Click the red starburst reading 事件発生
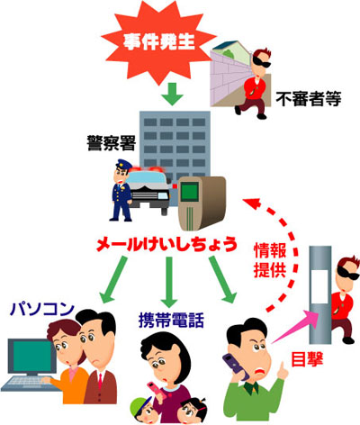[159, 42]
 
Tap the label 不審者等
[309, 98]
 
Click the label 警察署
[112, 143]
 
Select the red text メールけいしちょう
[166, 244]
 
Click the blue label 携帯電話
[171, 320]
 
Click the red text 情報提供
[270, 260]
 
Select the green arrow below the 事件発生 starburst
[172, 95]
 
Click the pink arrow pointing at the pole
[295, 326]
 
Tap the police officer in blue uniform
[122, 190]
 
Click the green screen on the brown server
[189, 192]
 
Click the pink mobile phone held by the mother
[156, 390]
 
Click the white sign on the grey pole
[319, 286]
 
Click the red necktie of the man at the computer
[100, 382]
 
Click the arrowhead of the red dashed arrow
[250, 203]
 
